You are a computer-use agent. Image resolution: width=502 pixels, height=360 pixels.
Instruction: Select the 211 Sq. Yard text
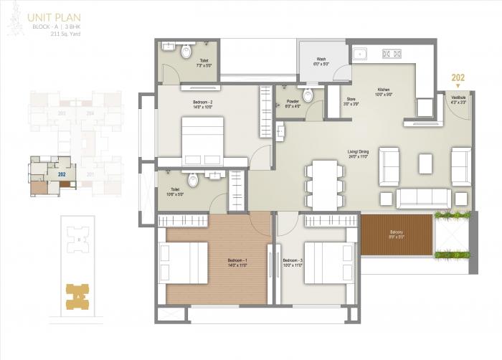(x=53, y=32)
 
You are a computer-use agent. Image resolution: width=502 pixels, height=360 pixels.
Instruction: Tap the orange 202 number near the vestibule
(x=458, y=78)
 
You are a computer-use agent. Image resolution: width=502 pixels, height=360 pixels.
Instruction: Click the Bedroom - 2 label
(x=203, y=104)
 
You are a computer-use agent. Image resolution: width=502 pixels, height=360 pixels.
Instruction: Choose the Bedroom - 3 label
(x=293, y=262)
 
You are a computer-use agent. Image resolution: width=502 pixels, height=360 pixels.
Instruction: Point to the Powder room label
(x=292, y=103)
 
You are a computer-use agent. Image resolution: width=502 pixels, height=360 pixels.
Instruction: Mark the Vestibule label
(x=458, y=100)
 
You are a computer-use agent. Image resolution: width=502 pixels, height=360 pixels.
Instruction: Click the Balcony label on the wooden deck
(x=397, y=234)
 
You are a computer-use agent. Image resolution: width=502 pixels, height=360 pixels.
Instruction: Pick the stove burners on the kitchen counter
(x=391, y=53)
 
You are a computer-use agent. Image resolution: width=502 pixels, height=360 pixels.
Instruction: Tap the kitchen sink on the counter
(x=359, y=53)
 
